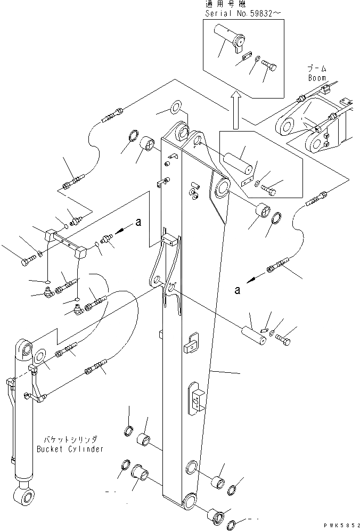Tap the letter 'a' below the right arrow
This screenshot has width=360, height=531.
(237, 289)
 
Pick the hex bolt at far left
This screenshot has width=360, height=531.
(27, 262)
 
